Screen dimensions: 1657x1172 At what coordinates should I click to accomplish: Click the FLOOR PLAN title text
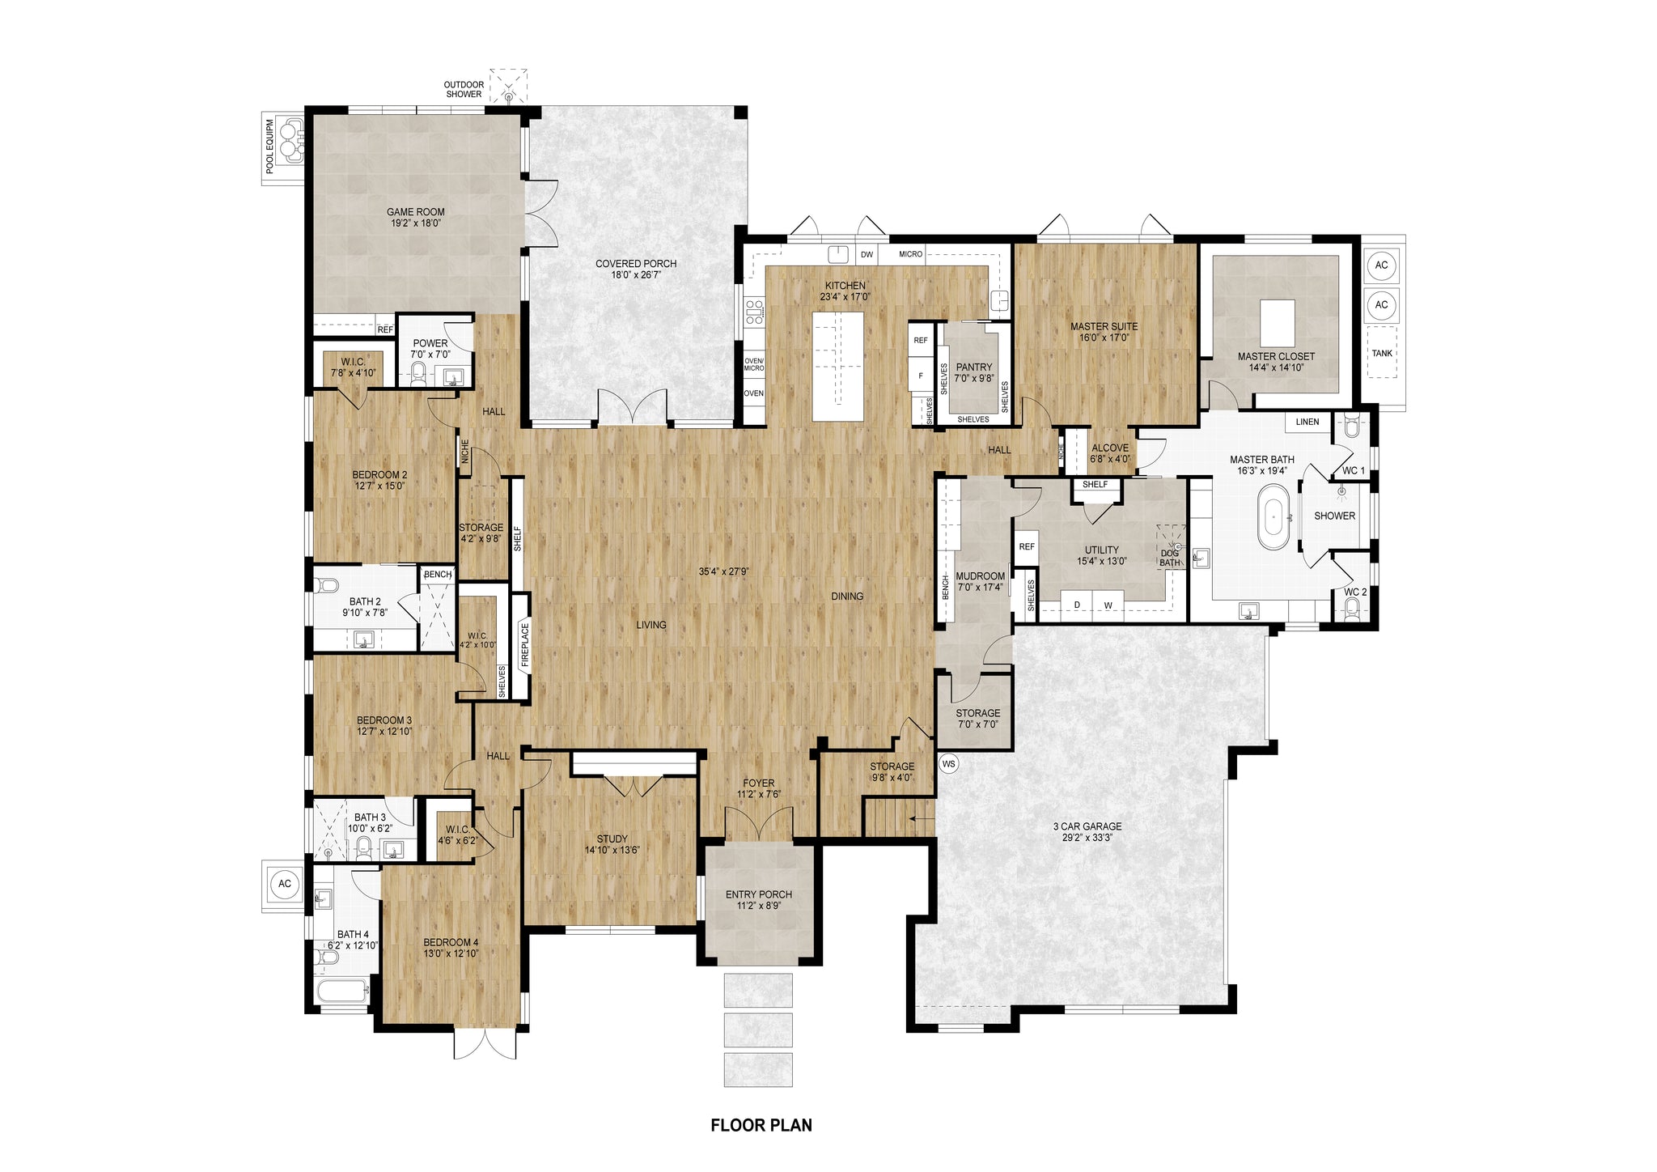click(x=761, y=1125)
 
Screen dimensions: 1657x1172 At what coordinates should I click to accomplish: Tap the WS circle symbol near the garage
click(x=949, y=762)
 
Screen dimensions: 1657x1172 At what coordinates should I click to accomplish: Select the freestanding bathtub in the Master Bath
click(x=1273, y=516)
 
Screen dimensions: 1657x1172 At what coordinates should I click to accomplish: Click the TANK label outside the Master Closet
click(x=1382, y=353)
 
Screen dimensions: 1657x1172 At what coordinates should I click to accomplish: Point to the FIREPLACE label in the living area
click(x=524, y=644)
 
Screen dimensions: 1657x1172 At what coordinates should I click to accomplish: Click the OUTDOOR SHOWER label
click(x=464, y=89)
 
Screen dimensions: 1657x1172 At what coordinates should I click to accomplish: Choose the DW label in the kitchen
click(x=867, y=254)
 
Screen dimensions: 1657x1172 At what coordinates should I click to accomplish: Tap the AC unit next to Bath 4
click(x=285, y=884)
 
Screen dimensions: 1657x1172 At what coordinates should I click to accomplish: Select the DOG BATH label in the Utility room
click(x=1170, y=558)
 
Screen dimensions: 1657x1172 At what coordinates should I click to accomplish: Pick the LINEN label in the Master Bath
click(x=1307, y=422)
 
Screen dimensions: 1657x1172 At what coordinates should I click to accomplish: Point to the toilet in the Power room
click(x=418, y=373)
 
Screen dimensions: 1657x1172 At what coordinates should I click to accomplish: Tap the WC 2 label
click(x=1355, y=592)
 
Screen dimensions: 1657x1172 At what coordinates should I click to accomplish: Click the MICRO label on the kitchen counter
click(x=911, y=254)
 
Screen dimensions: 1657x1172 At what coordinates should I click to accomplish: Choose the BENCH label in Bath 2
click(x=438, y=575)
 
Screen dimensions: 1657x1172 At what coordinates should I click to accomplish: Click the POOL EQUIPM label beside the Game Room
click(x=270, y=146)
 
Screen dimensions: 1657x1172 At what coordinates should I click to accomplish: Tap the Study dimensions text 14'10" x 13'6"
click(x=612, y=850)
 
